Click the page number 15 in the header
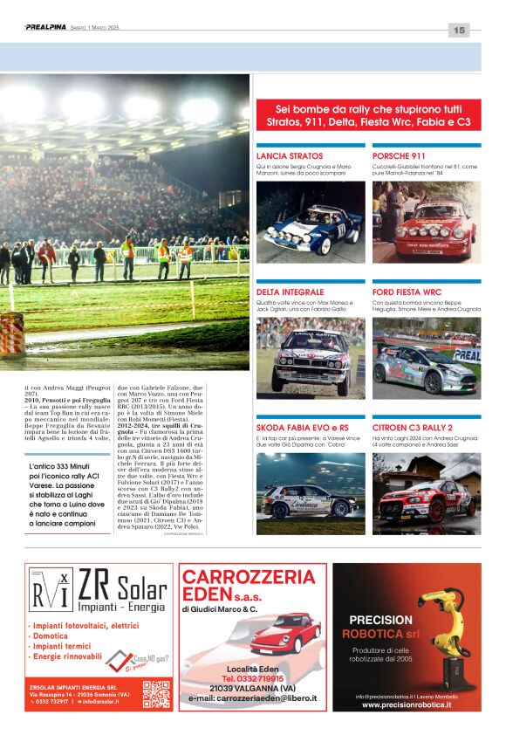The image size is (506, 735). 460,31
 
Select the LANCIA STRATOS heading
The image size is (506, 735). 290,155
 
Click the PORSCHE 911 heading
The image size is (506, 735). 399,155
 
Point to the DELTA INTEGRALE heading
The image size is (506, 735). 291,292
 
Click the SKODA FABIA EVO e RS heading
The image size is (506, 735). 303,428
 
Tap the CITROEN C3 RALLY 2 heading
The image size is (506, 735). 413,428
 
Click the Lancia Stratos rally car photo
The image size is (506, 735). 311,222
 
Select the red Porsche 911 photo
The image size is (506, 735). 426,222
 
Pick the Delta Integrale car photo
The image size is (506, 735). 311,358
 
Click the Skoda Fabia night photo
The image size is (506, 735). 311,493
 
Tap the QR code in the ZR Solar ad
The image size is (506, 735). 156,694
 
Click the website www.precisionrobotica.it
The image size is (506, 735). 407,704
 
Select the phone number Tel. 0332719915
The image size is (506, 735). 253,678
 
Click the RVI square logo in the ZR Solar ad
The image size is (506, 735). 50,590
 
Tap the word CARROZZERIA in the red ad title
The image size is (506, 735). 250,577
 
